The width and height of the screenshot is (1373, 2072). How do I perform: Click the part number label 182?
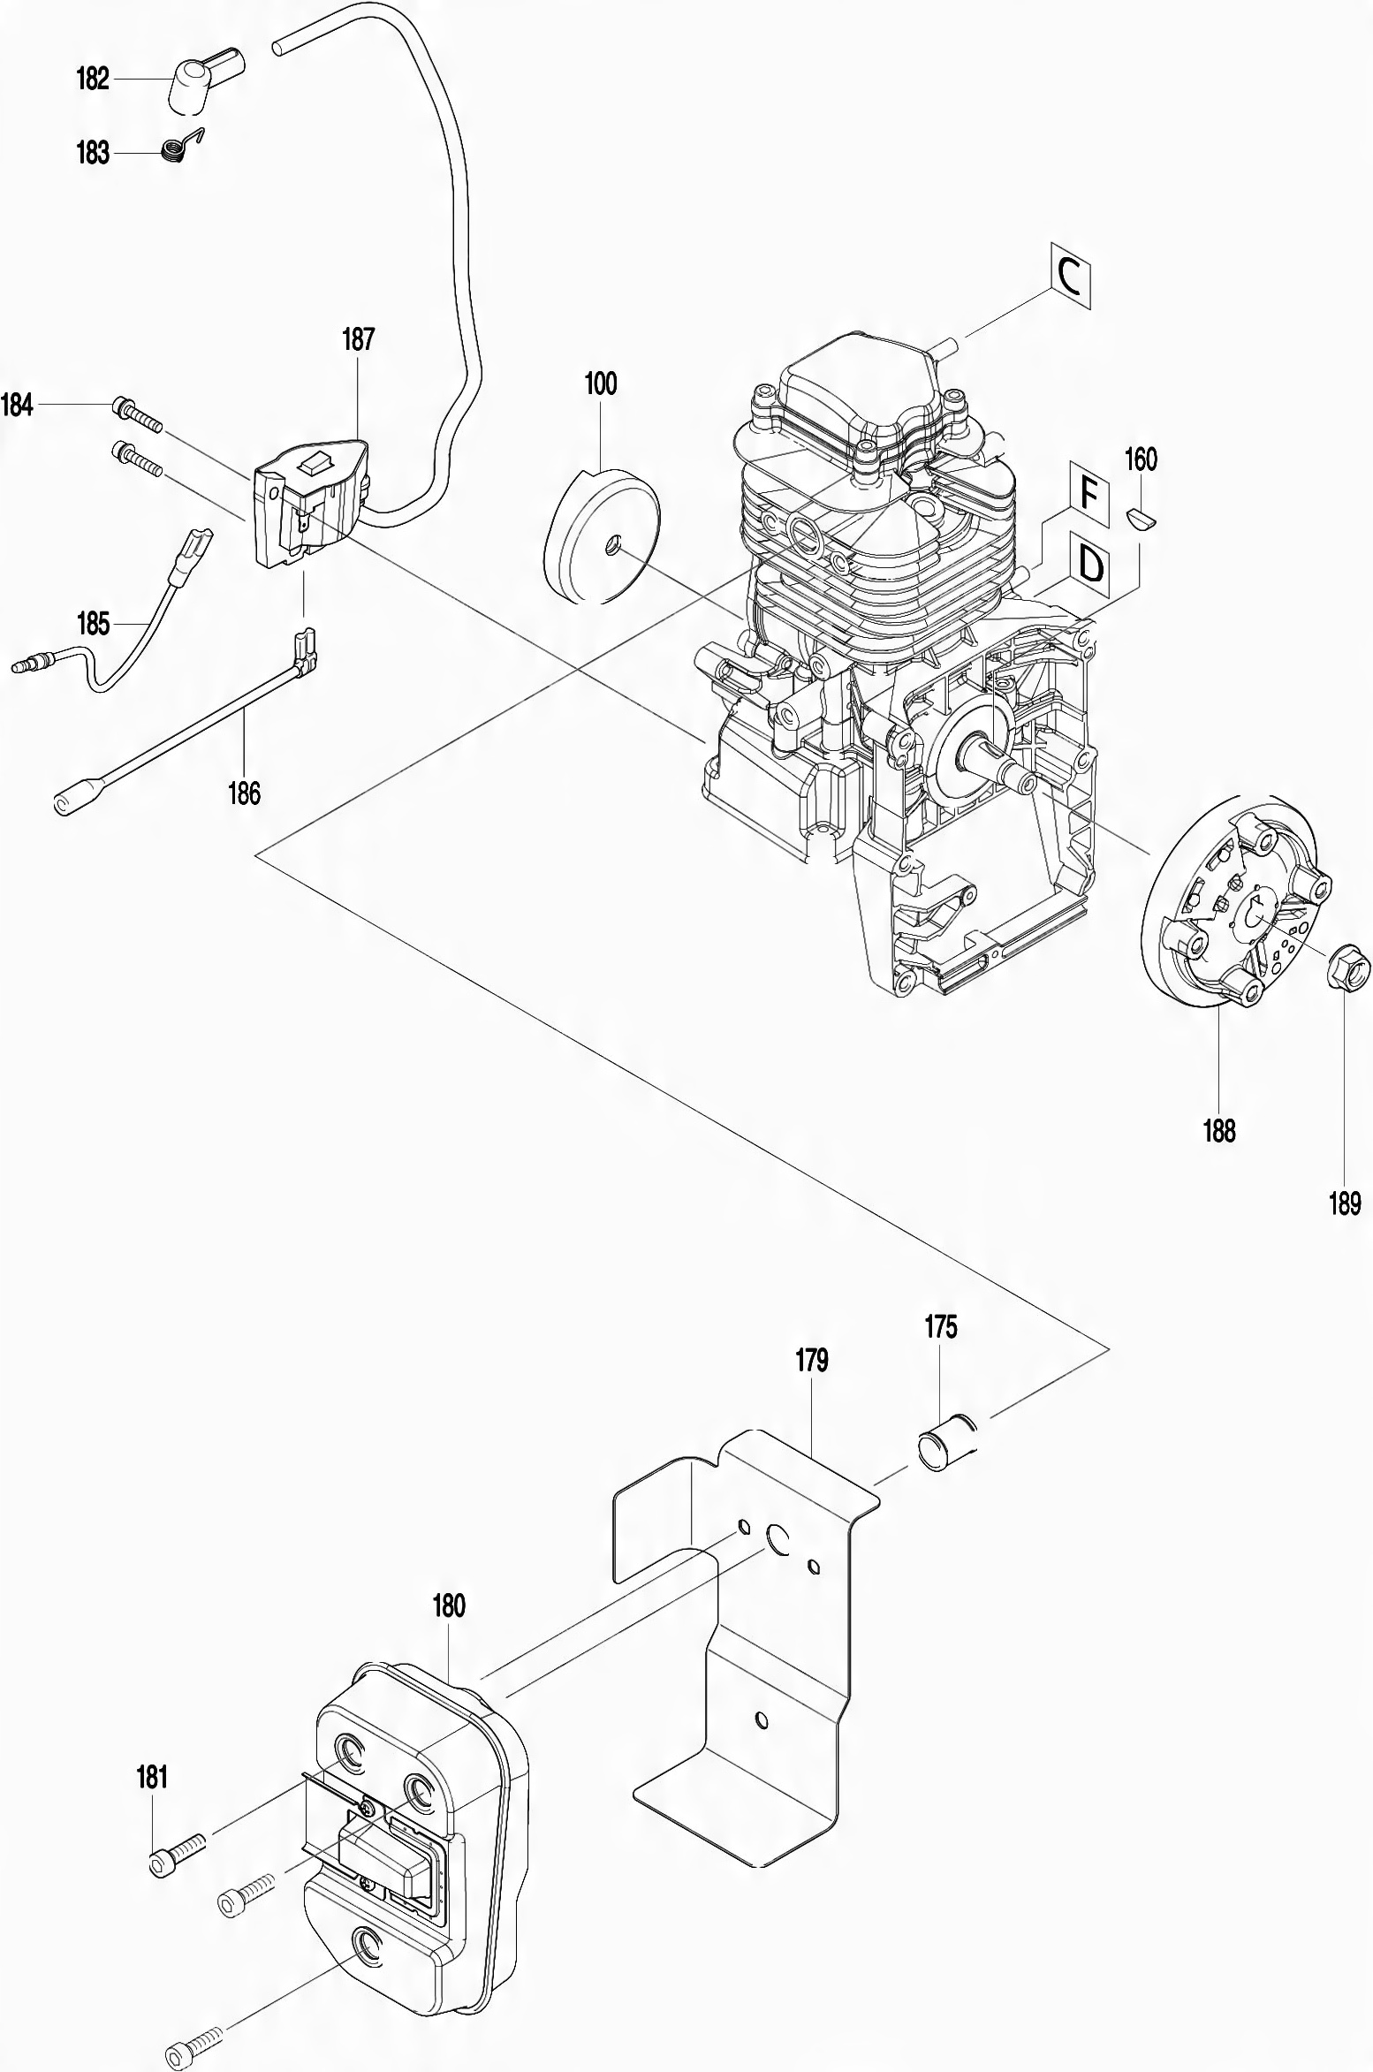pos(93,80)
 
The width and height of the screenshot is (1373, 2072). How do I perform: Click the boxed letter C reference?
pos(1071,277)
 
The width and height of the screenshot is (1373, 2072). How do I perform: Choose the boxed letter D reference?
pos(1090,564)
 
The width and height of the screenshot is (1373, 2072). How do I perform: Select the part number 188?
pos(1219,1130)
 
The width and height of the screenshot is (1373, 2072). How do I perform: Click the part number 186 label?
pos(245,793)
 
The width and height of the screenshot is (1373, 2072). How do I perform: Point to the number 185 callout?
pos(93,625)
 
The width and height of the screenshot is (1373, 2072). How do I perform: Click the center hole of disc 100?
pos(610,550)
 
